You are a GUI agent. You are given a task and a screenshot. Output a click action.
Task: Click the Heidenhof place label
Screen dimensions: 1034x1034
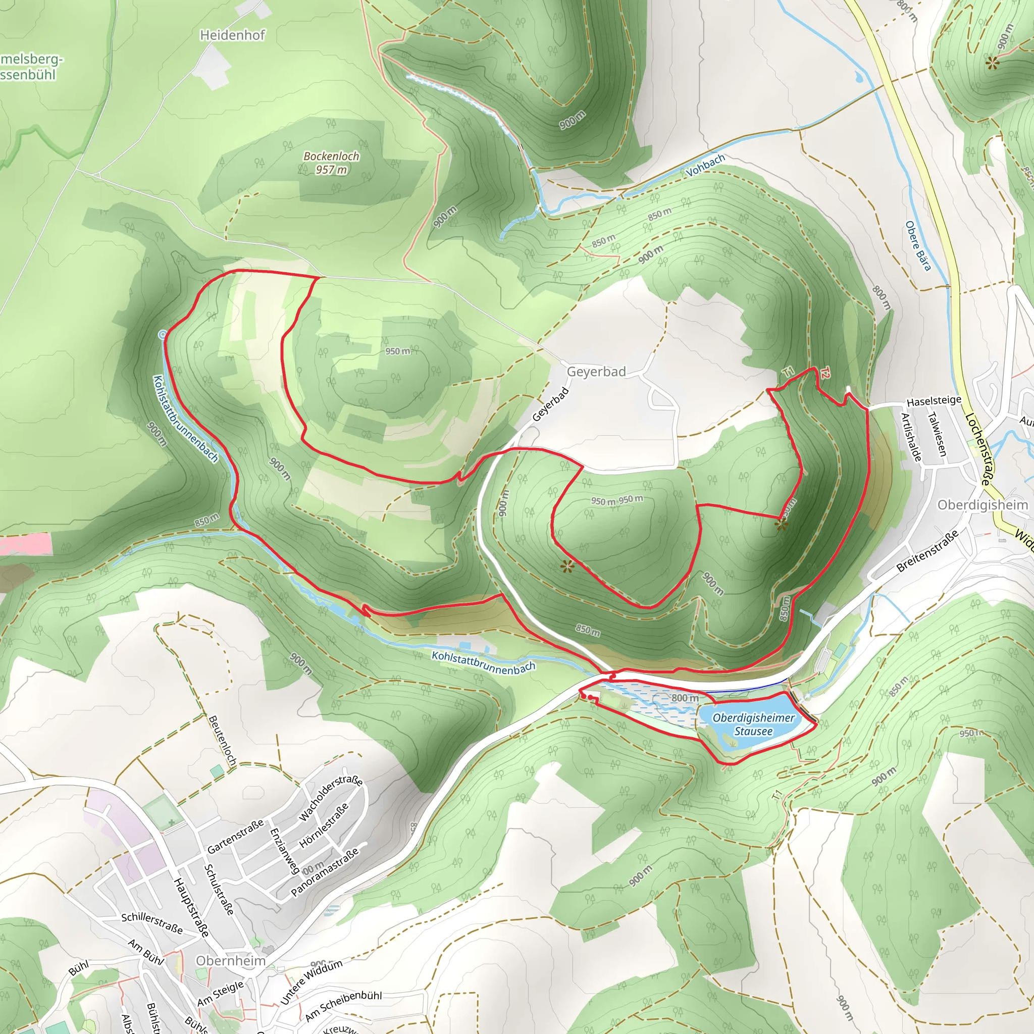[232, 35]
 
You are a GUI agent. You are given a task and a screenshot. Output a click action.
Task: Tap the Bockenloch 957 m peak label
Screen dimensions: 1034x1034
[331, 163]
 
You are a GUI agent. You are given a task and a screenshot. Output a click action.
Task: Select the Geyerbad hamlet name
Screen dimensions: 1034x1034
[596, 372]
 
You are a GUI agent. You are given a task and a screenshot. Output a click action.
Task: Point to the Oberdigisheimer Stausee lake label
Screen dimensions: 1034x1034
[754, 724]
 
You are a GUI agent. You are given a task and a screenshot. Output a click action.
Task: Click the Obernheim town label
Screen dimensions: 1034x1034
[231, 961]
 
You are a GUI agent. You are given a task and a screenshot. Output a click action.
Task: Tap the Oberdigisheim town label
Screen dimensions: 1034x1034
[983, 505]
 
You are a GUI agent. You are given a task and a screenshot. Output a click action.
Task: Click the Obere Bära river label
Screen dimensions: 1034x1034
[918, 246]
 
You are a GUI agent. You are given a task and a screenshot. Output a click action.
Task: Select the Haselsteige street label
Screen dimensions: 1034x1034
[934, 401]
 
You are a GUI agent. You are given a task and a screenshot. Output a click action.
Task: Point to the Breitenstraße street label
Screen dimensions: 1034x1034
[927, 551]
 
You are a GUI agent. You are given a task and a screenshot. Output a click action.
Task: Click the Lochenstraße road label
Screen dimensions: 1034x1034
[977, 449]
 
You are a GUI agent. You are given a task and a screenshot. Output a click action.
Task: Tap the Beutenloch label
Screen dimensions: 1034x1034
[222, 741]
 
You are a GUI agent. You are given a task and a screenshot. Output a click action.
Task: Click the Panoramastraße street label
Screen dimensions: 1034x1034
[324, 872]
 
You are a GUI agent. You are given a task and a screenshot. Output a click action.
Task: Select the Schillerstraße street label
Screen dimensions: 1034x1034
[152, 923]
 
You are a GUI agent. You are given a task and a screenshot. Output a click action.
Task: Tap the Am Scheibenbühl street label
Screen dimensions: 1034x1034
[343, 1005]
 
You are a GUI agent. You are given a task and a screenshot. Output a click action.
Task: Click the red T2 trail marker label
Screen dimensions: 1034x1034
[825, 373]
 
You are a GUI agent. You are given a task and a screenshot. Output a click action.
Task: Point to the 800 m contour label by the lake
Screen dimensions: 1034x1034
[685, 698]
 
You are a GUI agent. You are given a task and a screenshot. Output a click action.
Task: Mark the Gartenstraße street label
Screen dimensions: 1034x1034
[235, 836]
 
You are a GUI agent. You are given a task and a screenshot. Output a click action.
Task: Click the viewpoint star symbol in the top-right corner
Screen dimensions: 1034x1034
[992, 63]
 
